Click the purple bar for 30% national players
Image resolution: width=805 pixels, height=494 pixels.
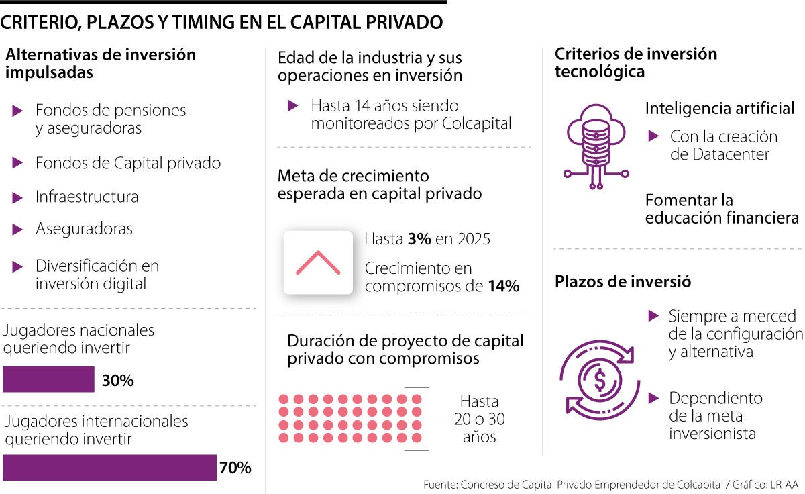[48, 379]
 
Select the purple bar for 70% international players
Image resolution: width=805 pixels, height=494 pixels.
[109, 468]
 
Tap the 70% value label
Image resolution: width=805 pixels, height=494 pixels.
[235, 468]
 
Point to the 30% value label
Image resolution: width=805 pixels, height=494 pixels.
[118, 381]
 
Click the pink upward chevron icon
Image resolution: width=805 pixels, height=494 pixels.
[318, 262]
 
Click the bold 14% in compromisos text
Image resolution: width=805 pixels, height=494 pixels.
[503, 287]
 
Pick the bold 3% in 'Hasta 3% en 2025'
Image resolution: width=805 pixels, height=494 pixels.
[419, 239]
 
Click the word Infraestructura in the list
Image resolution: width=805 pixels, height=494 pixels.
[87, 197]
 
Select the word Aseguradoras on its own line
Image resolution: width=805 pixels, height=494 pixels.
[84, 229]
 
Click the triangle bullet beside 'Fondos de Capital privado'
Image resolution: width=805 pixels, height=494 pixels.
[18, 163]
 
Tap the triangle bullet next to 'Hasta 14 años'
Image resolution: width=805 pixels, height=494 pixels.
[292, 105]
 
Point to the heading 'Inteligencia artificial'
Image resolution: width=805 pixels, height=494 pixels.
[720, 109]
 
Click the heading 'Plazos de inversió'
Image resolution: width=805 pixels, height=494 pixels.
[623, 282]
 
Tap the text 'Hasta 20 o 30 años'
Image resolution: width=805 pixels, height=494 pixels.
[479, 419]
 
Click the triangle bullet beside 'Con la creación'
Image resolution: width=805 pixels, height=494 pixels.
[653, 136]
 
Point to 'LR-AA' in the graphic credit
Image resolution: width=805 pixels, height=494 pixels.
[784, 484]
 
